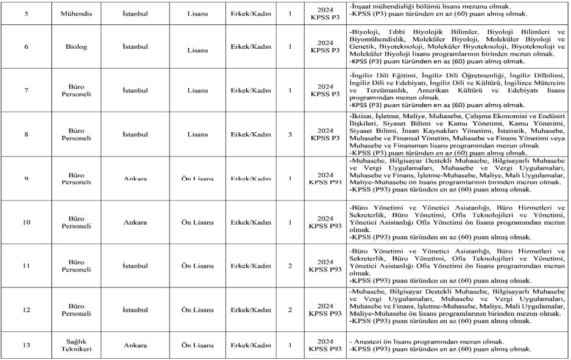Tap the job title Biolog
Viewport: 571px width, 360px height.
tap(77, 46)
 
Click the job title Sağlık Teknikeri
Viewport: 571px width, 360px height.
tap(77, 345)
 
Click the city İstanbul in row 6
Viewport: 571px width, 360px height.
tap(132, 46)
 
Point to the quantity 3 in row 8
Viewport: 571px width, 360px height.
tap(291, 134)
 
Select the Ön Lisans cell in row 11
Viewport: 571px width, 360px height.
tap(197, 266)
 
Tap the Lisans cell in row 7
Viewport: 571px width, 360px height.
tap(197, 90)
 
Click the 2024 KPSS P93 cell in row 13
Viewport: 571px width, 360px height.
tap(323, 345)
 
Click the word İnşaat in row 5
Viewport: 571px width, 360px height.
tap(361, 6)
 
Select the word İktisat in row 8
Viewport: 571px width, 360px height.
tap(363, 115)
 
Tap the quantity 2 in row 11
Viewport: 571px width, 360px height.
tap(291, 266)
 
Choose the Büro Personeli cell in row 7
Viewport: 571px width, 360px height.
tap(77, 90)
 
